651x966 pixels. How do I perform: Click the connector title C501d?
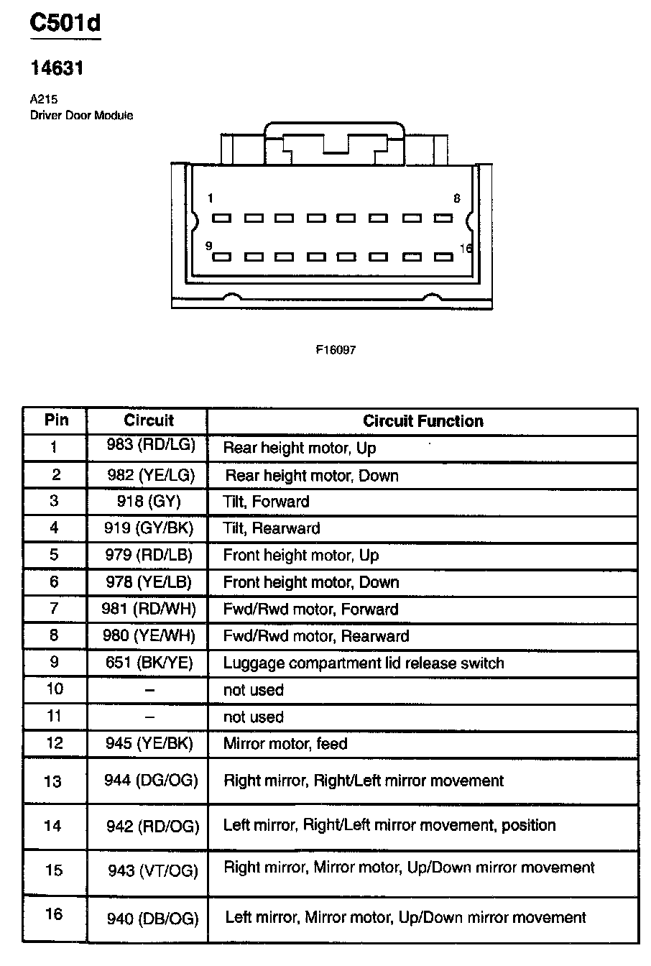(65, 23)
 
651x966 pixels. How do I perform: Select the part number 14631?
(57, 68)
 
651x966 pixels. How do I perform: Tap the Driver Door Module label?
(81, 115)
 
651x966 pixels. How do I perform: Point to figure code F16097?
(336, 350)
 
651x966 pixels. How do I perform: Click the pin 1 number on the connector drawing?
(210, 198)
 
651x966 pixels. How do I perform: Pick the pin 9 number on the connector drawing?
(209, 246)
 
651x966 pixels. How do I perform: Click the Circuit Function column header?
(423, 421)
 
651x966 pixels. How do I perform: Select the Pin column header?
(56, 420)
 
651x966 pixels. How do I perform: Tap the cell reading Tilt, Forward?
(266, 502)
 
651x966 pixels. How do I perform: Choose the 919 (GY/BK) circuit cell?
(149, 528)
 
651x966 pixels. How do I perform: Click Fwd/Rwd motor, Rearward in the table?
(316, 636)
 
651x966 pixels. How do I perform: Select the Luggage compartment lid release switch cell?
(364, 663)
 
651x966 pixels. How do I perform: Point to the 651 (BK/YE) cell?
(149, 663)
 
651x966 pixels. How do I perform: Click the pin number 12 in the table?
(55, 743)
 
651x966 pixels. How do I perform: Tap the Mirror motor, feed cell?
(285, 743)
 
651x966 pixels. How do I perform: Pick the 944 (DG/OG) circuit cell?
(151, 781)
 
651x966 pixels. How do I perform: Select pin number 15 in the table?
(54, 870)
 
